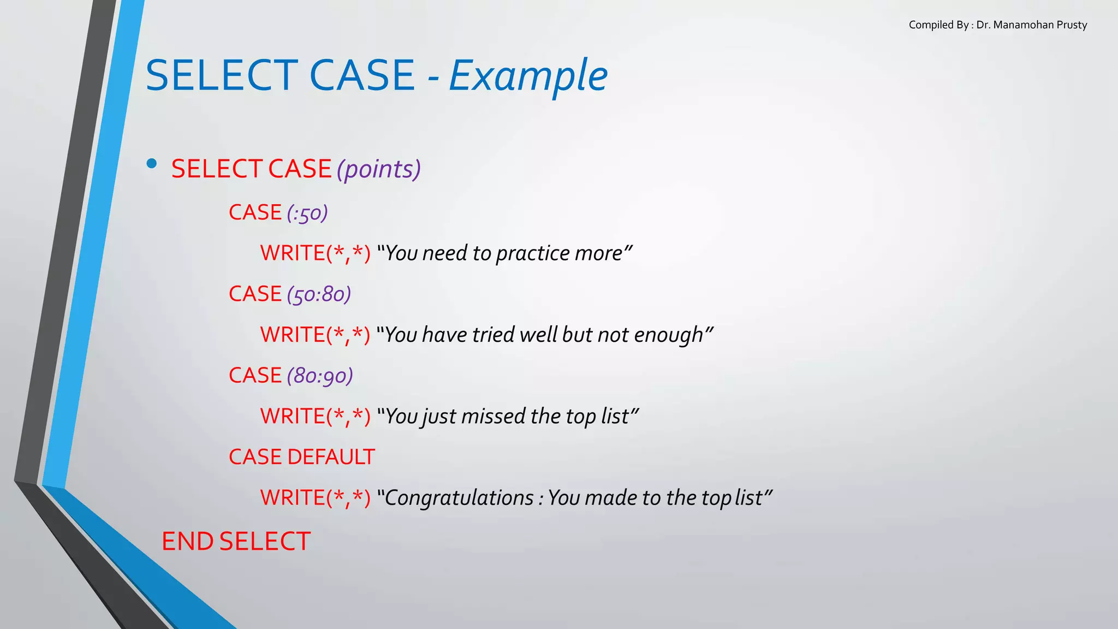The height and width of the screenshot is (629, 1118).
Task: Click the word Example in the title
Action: [528, 76]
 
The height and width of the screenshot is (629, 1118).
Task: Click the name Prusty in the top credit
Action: [1072, 25]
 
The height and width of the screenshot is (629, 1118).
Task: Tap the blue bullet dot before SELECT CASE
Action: [152, 163]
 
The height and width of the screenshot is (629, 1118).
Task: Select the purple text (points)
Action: [378, 169]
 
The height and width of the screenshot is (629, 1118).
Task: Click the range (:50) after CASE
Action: [307, 213]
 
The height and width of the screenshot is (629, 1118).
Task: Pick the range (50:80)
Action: [319, 294]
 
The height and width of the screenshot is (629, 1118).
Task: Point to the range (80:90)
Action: [320, 376]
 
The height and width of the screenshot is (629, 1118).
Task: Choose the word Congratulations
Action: [459, 498]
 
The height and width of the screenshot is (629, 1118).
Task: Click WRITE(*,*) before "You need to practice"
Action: [315, 253]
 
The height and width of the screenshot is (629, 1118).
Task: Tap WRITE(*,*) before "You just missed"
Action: [315, 416]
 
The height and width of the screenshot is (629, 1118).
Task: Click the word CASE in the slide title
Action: [362, 76]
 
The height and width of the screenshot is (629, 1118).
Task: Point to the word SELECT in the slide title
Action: [221, 76]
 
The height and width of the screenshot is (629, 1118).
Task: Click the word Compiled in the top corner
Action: [931, 25]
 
